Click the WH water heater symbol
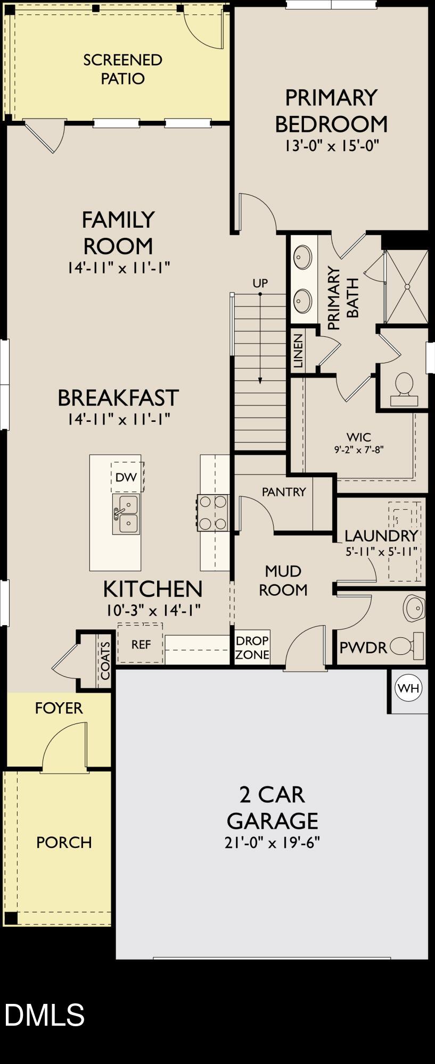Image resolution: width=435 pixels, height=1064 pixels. click(x=408, y=688)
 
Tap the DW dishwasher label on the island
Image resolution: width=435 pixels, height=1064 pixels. click(x=126, y=477)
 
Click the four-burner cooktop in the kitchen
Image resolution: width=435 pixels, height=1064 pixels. click(x=214, y=512)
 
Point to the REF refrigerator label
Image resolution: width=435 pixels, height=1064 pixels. click(x=141, y=644)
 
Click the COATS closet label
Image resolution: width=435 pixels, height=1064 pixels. click(x=105, y=660)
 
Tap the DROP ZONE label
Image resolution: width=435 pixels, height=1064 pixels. click(x=252, y=647)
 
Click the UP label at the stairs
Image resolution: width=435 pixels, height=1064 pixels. click(x=260, y=283)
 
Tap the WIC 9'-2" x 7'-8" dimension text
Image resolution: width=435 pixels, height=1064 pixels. click(x=359, y=449)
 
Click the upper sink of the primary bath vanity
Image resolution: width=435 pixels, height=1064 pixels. click(x=303, y=257)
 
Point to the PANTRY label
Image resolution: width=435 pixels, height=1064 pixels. click(x=284, y=492)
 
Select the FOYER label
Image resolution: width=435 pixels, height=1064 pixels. click(x=59, y=708)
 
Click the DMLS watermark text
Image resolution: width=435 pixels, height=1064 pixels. click(x=45, y=1014)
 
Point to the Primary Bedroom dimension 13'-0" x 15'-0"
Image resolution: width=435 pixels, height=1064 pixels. click(x=331, y=146)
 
